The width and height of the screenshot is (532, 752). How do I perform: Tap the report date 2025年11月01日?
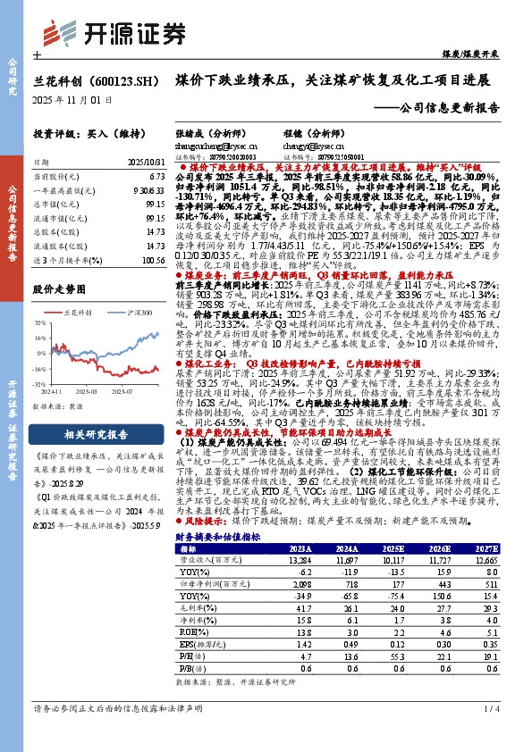click(73, 99)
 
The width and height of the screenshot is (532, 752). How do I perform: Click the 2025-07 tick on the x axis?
click(134, 389)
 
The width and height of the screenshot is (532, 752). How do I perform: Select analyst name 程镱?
click(317, 132)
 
